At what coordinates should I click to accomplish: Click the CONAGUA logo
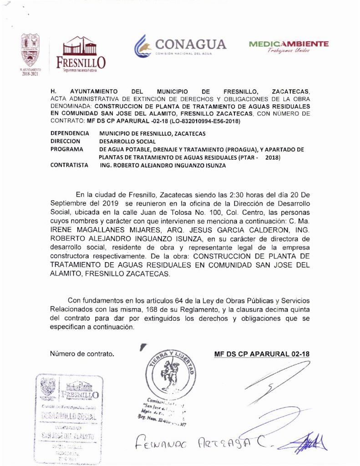pos(180,46)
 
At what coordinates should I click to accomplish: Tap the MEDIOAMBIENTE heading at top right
pos(289,44)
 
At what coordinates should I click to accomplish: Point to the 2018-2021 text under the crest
pos(31,74)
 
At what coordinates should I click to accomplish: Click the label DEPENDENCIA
pos(70,133)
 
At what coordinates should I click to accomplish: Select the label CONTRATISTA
pos(70,166)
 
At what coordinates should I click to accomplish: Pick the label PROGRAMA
pos(67,149)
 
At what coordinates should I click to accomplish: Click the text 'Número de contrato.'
pos(82,354)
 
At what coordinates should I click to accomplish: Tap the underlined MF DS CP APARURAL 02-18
pos(262,354)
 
